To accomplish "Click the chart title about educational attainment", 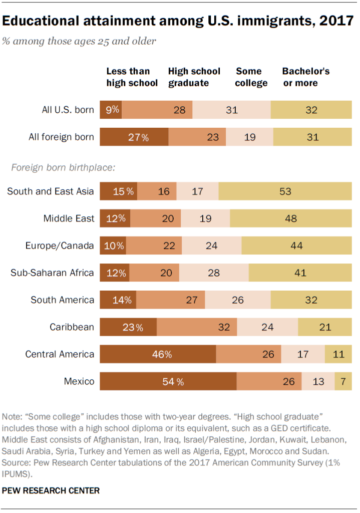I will click(x=178, y=21).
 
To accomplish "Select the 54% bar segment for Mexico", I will click(x=168, y=382).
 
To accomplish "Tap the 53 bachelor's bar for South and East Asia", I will click(x=285, y=191).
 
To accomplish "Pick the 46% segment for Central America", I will click(x=158, y=355).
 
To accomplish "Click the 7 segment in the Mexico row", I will click(x=343, y=382).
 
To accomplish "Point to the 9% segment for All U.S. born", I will click(x=111, y=110).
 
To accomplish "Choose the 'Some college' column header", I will click(x=251, y=77).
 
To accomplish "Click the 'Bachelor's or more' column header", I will click(x=305, y=77).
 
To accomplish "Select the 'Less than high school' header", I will click(x=132, y=77).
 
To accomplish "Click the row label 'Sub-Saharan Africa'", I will click(x=53, y=273).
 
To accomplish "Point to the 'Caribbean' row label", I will click(x=72, y=327).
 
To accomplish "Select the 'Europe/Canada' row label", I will click(x=60, y=246).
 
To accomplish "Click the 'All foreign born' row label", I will click(x=61, y=137).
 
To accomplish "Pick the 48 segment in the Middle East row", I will click(x=290, y=218).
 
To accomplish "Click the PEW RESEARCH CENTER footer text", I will click(x=51, y=491).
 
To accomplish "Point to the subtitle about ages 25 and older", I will click(x=79, y=41).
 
